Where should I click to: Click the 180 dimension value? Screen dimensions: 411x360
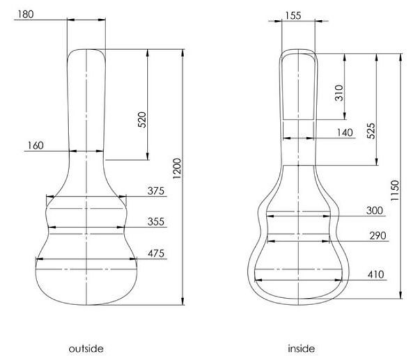(26, 14)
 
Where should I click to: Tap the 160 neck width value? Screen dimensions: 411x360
(36, 145)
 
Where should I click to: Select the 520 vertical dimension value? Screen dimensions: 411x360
(142, 120)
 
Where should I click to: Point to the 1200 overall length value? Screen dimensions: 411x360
(177, 168)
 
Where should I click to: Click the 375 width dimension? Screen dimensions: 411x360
(156, 191)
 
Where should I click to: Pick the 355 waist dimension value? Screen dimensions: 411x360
(156, 221)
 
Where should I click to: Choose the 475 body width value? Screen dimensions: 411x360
(156, 254)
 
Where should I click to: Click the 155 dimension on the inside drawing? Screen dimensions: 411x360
(293, 16)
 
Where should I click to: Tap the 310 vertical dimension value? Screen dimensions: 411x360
(339, 93)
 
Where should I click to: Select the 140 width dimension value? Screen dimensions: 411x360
(345, 132)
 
